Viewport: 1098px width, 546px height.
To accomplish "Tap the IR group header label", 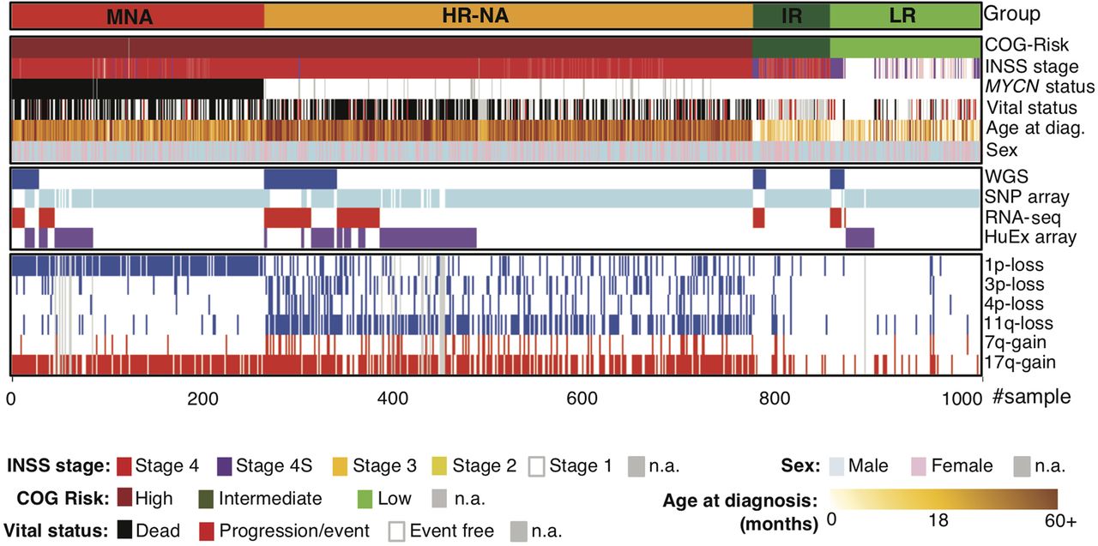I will coord(791,15).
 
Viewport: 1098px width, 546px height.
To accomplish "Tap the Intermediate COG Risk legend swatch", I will coord(205,498).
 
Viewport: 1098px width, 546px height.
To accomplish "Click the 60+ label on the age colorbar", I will coord(1054,521).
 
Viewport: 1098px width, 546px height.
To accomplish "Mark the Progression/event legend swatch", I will coord(206,530).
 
